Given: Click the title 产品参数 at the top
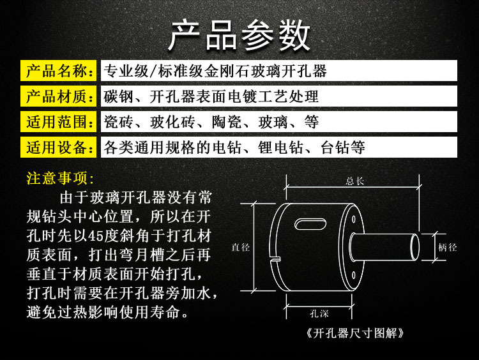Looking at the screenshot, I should click(x=240, y=35).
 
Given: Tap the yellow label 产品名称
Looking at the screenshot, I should click(x=59, y=71).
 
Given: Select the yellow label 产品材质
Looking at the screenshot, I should click(x=59, y=96).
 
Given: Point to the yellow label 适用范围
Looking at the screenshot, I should click(x=59, y=122).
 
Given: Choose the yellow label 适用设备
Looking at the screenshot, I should click(x=59, y=147).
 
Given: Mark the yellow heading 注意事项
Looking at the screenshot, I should click(x=61, y=177).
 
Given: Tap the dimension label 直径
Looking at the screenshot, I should click(x=241, y=248).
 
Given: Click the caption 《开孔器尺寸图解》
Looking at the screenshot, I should click(x=356, y=333).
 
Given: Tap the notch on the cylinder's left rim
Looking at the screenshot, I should click(x=276, y=258).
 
